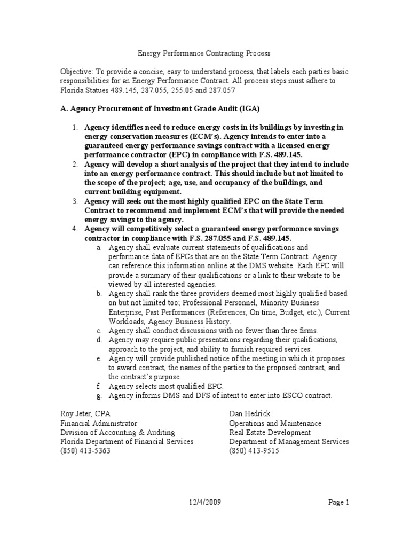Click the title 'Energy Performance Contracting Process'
point(204,53)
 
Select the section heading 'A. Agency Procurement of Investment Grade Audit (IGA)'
point(160,108)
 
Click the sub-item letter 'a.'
point(99,247)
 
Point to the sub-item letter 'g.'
point(99,395)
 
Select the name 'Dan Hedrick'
point(250,414)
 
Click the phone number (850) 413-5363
point(85,450)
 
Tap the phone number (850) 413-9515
point(254,450)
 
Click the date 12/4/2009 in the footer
point(205,502)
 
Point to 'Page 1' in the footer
point(338,502)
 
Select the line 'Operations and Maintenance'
point(275,423)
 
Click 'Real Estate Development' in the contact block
point(270,432)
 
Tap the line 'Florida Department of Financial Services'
point(127,441)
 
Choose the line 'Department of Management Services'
point(289,441)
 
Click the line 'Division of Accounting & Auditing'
point(117,432)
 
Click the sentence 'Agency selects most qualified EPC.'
point(166,386)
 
